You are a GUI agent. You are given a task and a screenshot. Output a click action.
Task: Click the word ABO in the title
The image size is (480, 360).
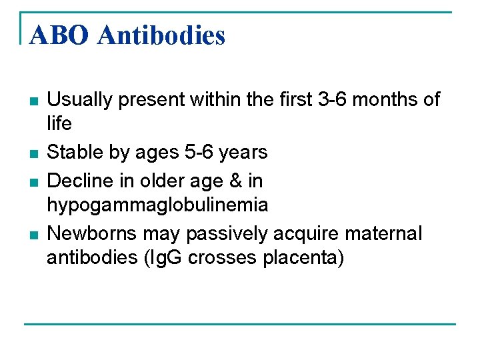[x=58, y=35]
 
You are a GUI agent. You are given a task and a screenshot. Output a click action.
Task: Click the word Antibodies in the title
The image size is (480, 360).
[x=161, y=35]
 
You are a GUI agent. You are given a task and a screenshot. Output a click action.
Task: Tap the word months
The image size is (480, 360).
[x=386, y=100]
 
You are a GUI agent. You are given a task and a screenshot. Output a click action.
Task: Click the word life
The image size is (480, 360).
[x=59, y=124]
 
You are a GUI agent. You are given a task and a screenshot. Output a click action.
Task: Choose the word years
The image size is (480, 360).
[x=244, y=153]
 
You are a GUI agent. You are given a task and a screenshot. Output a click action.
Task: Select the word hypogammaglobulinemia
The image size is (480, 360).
[x=157, y=205]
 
